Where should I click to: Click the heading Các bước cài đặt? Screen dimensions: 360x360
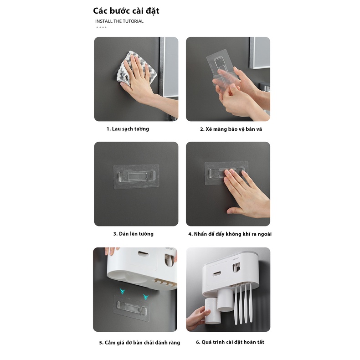pos(126,10)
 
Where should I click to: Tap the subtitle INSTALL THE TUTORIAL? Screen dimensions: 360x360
pos(119,21)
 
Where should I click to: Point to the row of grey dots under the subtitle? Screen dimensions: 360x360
pos(101,27)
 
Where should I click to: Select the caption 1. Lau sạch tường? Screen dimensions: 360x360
pos(128,129)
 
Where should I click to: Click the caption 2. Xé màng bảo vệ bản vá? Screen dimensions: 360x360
pos(231,129)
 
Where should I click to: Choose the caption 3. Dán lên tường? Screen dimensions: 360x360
pos(134,234)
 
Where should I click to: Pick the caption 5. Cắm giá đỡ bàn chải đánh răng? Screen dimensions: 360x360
pos(139,343)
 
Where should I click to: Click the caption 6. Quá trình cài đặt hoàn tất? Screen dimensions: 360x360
pos(230,342)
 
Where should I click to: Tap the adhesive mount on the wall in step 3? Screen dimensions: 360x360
pos(136,174)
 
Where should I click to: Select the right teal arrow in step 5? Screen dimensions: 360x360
pos(146,297)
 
